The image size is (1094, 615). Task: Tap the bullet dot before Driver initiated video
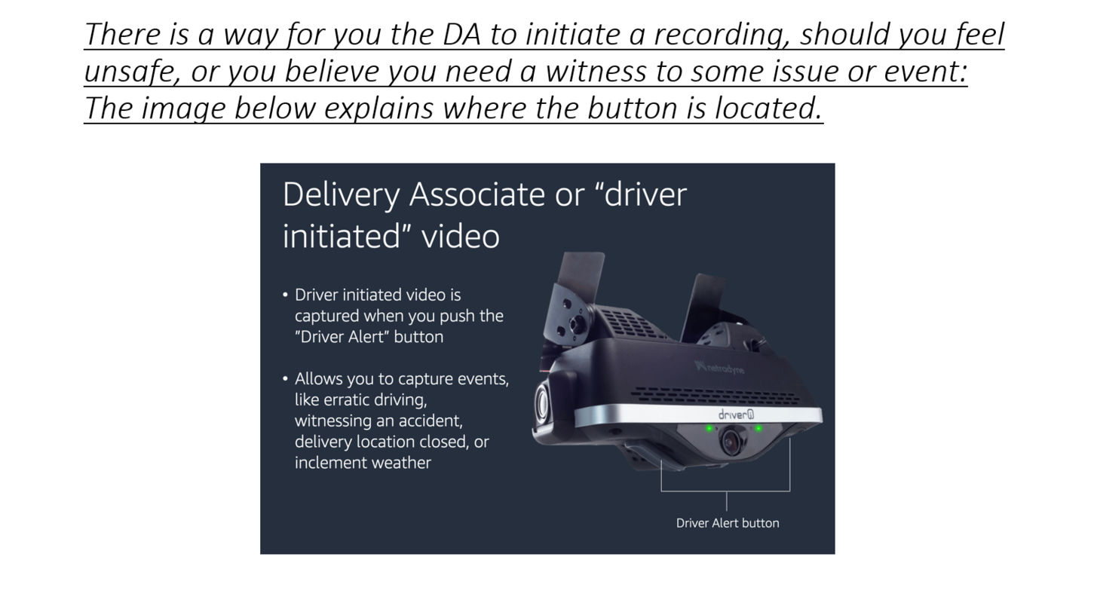tap(285, 295)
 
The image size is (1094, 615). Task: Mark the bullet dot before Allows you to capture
tap(285, 379)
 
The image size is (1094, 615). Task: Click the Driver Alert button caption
tap(728, 523)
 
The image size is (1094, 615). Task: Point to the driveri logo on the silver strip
tap(736, 415)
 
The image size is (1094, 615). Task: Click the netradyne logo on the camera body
tap(719, 367)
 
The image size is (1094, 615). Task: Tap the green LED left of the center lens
tap(709, 429)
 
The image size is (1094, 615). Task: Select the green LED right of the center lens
tap(758, 428)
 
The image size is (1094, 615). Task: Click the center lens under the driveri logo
tap(731, 441)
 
